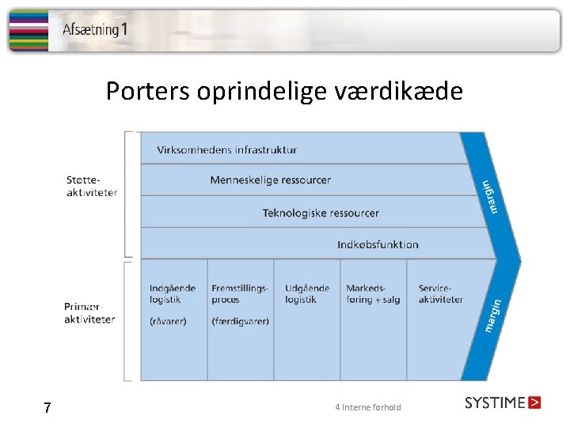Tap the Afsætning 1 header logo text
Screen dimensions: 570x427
[95, 30]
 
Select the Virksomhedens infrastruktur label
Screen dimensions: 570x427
[227, 149]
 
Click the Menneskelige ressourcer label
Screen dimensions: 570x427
[271, 180]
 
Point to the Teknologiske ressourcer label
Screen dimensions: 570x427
[321, 213]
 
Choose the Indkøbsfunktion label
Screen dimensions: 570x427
[378, 244]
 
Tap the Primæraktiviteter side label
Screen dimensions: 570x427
[89, 313]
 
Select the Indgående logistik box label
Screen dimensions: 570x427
[173, 294]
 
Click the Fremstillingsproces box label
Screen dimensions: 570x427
[240, 294]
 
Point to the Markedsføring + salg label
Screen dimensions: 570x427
[373, 294]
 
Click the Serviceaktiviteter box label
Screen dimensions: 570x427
[440, 294]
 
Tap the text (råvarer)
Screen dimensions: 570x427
[168, 321]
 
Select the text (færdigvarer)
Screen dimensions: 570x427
[241, 321]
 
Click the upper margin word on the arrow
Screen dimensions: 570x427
[491, 196]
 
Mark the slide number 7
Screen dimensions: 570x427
[47, 408]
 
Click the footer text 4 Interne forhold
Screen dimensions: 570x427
[368, 408]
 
